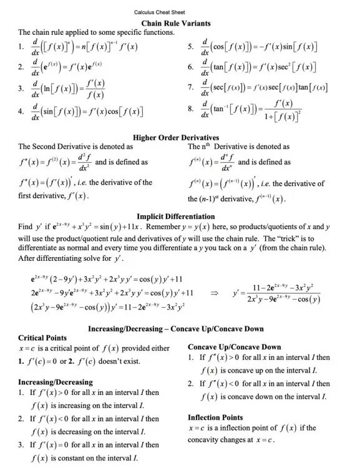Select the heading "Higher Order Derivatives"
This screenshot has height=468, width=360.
click(x=176, y=137)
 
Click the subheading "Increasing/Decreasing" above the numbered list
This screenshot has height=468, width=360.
click(x=56, y=382)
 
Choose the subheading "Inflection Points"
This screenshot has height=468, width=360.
click(x=215, y=417)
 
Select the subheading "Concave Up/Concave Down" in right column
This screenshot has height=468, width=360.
click(x=234, y=347)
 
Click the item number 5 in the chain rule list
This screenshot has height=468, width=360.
click(x=191, y=47)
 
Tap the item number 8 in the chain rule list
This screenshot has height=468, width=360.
click(x=191, y=109)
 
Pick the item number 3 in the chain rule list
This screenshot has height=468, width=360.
click(x=21, y=89)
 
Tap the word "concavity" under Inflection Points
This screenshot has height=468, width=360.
click(x=207, y=440)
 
